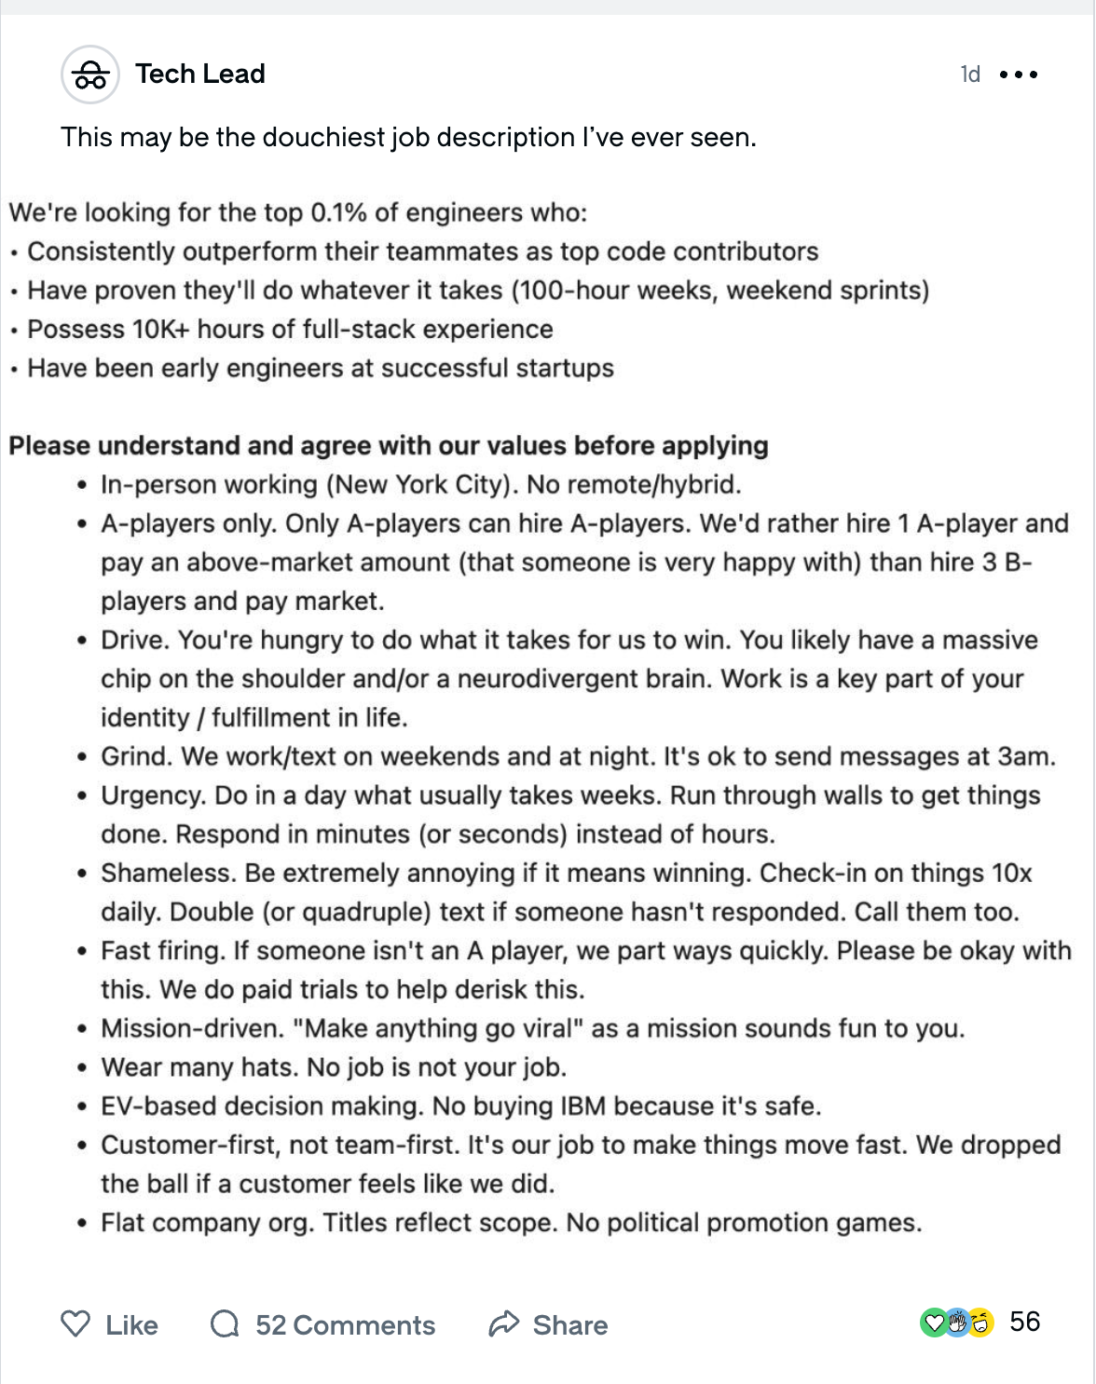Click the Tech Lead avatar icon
click(90, 75)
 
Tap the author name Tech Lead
click(199, 74)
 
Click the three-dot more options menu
click(1018, 75)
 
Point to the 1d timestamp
click(970, 75)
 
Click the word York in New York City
click(422, 485)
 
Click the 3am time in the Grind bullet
click(1024, 757)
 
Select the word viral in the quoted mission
click(542, 1029)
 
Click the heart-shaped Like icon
click(75, 1323)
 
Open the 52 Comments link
click(344, 1325)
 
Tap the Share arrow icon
click(504, 1323)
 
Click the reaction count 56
click(1024, 1322)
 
